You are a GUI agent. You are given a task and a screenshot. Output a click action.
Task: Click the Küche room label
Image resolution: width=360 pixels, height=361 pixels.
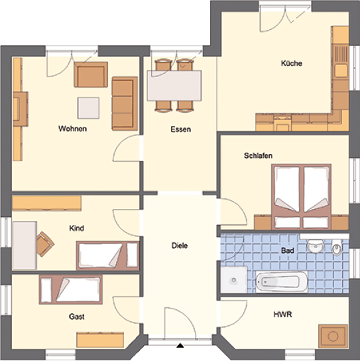[x=292, y=63]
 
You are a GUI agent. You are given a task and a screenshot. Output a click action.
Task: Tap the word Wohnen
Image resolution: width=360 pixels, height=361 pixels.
[x=72, y=129]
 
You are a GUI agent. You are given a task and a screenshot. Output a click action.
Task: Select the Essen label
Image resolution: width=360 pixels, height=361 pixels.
[x=180, y=129]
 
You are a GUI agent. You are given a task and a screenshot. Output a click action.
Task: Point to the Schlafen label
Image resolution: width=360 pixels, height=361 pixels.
[x=258, y=156]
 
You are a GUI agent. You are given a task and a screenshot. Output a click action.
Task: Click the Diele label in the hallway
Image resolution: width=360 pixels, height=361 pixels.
[x=180, y=246]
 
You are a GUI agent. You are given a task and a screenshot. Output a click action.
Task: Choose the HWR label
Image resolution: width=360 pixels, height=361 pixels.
[x=282, y=315]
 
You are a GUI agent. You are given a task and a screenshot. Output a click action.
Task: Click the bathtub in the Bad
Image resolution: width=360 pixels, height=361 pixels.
[x=282, y=282]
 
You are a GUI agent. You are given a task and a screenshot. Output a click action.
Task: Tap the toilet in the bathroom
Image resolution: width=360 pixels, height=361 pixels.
[x=337, y=248]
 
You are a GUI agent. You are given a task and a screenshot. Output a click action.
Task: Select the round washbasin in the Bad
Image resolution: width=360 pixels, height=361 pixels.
[x=316, y=246]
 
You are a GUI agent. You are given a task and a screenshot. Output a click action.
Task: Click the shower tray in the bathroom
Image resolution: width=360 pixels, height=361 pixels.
[x=234, y=280]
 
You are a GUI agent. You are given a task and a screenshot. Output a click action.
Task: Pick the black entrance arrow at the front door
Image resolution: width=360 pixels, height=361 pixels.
[x=180, y=345]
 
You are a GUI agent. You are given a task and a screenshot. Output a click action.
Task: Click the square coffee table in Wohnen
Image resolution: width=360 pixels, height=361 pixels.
[x=88, y=108]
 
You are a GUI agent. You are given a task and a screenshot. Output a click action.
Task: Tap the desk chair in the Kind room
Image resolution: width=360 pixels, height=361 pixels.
[x=45, y=244]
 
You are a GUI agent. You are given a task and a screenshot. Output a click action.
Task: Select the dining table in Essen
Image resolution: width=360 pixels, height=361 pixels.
[x=174, y=86]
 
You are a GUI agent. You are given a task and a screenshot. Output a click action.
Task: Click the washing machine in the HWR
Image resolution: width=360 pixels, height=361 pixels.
[x=333, y=336]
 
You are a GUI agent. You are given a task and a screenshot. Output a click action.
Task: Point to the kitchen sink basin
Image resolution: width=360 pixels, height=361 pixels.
[x=341, y=70]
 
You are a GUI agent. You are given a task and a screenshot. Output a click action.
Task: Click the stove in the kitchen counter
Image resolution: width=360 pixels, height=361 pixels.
[x=282, y=123]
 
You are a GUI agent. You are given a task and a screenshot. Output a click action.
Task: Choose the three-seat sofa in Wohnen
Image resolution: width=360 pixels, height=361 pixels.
[x=125, y=104]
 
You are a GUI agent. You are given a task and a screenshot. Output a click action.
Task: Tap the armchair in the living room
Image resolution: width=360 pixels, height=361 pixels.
[x=91, y=74]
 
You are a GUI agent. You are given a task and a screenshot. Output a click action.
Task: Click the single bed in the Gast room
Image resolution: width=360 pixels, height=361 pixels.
[x=71, y=289]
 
